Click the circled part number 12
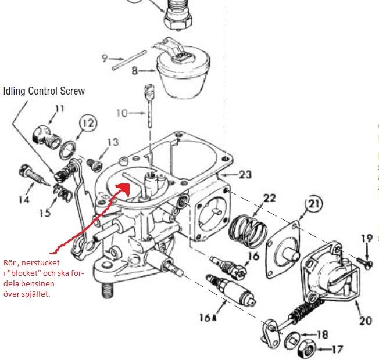[x=88, y=123]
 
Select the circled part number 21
[x=314, y=204]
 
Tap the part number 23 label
[x=245, y=174]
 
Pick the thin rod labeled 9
[x=129, y=60]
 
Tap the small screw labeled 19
[x=364, y=262]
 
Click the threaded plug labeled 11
[x=47, y=136]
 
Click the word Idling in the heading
[x=15, y=91]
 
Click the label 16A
[x=208, y=318]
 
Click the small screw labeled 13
[x=94, y=164]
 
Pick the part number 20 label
[x=366, y=321]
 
